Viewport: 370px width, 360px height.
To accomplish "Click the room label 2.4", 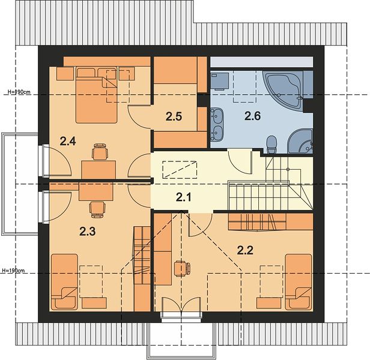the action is click(68, 142).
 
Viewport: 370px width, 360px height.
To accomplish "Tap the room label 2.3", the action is click(87, 232).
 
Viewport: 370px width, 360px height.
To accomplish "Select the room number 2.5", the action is click(174, 116).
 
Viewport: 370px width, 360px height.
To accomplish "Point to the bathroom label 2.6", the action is click(252, 116).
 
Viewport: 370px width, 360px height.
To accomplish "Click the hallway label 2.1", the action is click(184, 197).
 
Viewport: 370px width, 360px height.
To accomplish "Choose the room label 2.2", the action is click(245, 250).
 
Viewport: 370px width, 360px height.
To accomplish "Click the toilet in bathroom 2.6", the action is click(271, 144).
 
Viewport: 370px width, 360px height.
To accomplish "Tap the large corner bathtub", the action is click(284, 91).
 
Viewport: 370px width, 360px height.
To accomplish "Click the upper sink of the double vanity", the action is click(216, 115).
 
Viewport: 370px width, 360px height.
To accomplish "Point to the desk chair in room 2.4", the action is click(100, 151).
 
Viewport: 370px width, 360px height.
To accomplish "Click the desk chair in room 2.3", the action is click(97, 209).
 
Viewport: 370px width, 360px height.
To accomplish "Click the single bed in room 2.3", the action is click(64, 282).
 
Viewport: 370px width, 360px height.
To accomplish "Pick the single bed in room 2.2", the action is click(299, 282).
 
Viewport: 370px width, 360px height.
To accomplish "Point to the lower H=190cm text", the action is click(13, 271).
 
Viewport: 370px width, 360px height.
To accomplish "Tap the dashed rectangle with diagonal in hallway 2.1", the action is click(180, 170).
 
